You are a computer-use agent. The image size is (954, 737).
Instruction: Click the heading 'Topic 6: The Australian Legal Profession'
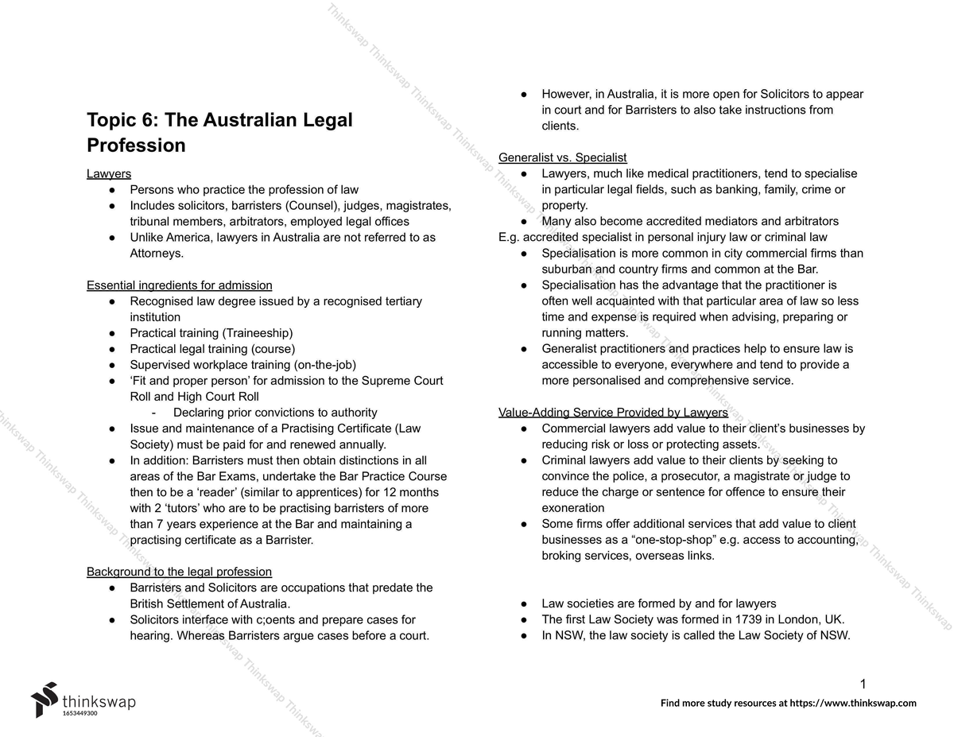point(219,133)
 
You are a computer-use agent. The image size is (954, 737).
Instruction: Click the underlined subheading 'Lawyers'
point(109,173)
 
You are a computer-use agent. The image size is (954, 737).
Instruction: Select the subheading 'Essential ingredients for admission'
point(179,285)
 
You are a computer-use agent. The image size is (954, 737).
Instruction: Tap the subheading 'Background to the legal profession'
point(179,572)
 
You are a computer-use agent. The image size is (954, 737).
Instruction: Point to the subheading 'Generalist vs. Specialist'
point(562,157)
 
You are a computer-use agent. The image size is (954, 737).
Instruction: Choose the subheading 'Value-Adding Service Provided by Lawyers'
point(613,413)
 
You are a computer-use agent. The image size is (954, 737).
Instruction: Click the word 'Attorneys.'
point(157,253)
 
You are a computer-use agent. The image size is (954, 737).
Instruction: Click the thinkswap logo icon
point(45,699)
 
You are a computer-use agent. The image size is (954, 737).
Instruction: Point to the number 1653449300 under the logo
point(79,714)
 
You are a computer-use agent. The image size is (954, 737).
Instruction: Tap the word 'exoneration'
point(572,508)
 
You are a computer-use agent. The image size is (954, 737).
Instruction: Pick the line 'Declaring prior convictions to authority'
point(275,413)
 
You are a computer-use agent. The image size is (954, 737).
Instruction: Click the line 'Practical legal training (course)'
point(212,349)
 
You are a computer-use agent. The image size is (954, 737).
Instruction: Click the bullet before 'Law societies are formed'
point(524,603)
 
